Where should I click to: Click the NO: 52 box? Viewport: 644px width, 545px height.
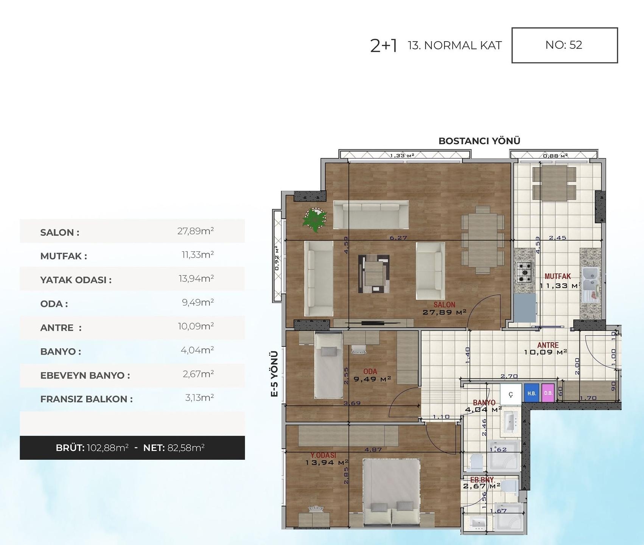(x=564, y=45)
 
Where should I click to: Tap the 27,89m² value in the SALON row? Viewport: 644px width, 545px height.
(x=195, y=231)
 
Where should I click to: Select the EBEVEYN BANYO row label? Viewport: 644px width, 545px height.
(x=85, y=375)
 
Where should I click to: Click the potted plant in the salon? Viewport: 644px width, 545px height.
(x=314, y=220)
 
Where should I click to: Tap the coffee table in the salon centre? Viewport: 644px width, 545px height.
(x=374, y=273)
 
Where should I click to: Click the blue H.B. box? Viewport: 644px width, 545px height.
(x=532, y=394)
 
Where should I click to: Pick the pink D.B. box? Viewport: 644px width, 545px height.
(x=548, y=393)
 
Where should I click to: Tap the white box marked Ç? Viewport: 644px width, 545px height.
(x=511, y=394)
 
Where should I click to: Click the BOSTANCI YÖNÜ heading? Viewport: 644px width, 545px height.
(x=479, y=141)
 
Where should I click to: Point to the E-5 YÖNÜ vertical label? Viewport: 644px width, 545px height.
(x=275, y=374)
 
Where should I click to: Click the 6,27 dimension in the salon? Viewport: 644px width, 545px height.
(x=398, y=238)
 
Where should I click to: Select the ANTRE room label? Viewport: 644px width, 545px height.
(x=548, y=345)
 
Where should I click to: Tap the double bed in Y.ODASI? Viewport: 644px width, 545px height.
(x=391, y=492)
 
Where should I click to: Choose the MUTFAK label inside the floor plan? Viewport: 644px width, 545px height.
(x=557, y=276)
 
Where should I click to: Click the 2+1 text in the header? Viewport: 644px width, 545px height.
(x=383, y=46)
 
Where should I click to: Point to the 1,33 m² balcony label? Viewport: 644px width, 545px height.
(x=402, y=155)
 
